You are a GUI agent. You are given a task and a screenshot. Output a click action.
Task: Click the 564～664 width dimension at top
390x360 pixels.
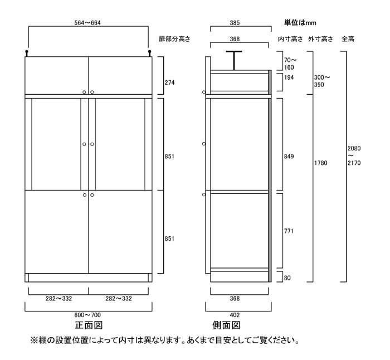pyautogui.click(x=87, y=23)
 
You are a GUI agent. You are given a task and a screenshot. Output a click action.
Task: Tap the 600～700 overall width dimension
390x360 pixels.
pyautogui.click(x=87, y=315)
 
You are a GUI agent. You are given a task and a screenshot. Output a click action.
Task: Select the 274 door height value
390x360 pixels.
pyautogui.click(x=169, y=82)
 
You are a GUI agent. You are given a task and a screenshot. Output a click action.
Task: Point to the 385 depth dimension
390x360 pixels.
pyautogui.click(x=235, y=23)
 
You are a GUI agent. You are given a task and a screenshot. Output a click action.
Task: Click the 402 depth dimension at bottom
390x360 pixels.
pyautogui.click(x=235, y=315)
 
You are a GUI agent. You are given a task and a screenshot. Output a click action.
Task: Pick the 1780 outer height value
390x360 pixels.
pyautogui.click(x=320, y=163)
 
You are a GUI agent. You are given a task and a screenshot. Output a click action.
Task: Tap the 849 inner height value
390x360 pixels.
pyautogui.click(x=289, y=157)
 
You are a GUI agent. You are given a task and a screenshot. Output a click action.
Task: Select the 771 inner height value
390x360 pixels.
pyautogui.click(x=289, y=231)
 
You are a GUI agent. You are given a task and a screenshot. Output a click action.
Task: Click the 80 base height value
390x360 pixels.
pyautogui.click(x=287, y=278)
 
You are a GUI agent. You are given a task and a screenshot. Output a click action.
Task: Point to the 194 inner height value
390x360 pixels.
pyautogui.click(x=289, y=77)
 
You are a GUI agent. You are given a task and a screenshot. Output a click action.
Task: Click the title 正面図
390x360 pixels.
pyautogui.click(x=89, y=325)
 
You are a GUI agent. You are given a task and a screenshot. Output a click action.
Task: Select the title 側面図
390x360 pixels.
pyautogui.click(x=226, y=325)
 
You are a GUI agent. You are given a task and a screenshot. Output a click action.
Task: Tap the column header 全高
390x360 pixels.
pyautogui.click(x=348, y=39)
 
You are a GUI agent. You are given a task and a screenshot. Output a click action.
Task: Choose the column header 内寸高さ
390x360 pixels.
pyautogui.click(x=290, y=39)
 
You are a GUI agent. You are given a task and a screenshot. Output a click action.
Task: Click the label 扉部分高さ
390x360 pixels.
pyautogui.click(x=174, y=39)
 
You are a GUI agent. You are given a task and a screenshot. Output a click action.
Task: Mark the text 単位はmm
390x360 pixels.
pyautogui.click(x=300, y=23)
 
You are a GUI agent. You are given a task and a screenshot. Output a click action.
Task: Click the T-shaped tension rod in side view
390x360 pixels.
pyautogui.click(x=234, y=60)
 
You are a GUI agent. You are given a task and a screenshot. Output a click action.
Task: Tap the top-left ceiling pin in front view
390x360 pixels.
pyautogui.click(x=27, y=53)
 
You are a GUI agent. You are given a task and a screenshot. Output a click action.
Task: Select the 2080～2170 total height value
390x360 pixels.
pyautogui.click(x=354, y=155)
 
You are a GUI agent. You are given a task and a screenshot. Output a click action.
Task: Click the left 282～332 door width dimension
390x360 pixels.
pyautogui.click(x=58, y=299)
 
